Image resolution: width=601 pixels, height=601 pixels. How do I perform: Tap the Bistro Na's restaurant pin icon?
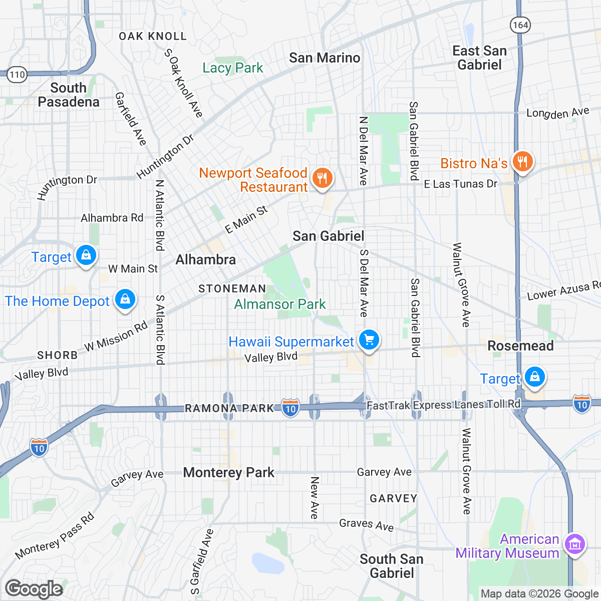coord(522,162)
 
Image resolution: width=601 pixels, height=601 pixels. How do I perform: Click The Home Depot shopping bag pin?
coord(125,299)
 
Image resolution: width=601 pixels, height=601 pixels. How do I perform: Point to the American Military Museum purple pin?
coord(574,544)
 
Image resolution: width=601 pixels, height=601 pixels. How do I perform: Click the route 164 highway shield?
coord(520,25)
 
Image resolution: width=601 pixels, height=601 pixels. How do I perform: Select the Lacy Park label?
coord(232,68)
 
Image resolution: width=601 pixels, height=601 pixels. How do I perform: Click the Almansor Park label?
coord(280,304)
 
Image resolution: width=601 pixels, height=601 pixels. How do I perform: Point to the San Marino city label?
coord(325,58)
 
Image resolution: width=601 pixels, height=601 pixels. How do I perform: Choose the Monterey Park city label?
coord(229,472)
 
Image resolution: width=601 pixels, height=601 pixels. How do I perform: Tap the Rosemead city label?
coord(520,346)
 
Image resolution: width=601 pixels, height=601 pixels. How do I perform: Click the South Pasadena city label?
coord(69,95)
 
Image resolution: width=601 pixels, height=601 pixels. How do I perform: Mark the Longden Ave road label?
coord(557,113)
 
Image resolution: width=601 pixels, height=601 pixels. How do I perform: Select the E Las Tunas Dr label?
coord(460,184)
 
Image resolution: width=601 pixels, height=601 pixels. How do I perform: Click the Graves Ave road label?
coord(366,524)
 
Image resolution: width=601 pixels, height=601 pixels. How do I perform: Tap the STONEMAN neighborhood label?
coord(232,288)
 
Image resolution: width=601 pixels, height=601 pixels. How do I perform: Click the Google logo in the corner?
coord(34,589)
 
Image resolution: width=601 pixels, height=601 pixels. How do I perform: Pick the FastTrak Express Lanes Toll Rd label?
coord(444,405)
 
